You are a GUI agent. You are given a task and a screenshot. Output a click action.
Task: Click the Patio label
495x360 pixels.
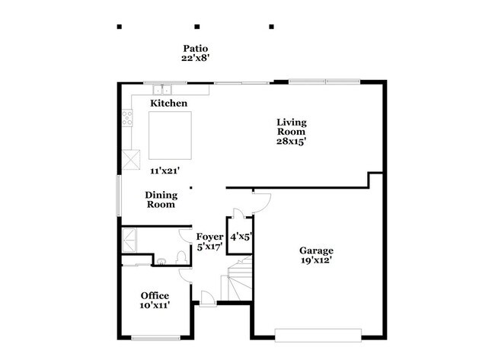pyautogui.click(x=196, y=48)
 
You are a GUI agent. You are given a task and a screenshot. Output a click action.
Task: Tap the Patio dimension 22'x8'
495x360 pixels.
pyautogui.click(x=196, y=58)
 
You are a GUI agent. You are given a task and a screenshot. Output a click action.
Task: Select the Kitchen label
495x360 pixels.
pyautogui.click(x=168, y=104)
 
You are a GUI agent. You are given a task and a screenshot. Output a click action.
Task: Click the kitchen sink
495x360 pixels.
pyautogui.click(x=162, y=90)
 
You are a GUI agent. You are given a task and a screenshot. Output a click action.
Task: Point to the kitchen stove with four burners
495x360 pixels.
pyautogui.click(x=127, y=118)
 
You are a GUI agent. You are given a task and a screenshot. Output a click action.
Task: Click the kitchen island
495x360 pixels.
pyautogui.click(x=170, y=135)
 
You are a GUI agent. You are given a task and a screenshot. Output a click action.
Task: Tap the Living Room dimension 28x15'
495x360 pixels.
pyautogui.click(x=291, y=141)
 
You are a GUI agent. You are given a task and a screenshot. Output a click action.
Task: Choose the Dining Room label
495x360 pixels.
pyautogui.click(x=161, y=199)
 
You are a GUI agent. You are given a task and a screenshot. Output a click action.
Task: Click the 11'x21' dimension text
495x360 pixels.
pyautogui.click(x=164, y=171)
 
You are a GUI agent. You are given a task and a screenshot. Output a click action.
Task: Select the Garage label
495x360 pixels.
pyautogui.click(x=316, y=250)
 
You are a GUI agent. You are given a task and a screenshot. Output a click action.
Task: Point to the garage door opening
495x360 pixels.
pyautogui.click(x=318, y=336)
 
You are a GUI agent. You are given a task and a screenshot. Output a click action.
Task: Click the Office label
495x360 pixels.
pyautogui.click(x=155, y=295)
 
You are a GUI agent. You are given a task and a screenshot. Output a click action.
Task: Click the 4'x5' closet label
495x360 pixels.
pyautogui.click(x=241, y=237)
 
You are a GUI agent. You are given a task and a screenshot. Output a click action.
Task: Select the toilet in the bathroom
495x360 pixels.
pyautogui.click(x=181, y=257)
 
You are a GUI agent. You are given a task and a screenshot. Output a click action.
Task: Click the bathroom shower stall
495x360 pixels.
pyautogui.click(x=129, y=241)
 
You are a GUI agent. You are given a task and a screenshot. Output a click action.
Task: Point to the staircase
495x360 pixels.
pyautogui.click(x=237, y=279)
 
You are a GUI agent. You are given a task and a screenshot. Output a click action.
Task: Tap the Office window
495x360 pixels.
pyautogui.click(x=155, y=338)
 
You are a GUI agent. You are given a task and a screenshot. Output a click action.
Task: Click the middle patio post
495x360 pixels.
pyautogui.click(x=197, y=27)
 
